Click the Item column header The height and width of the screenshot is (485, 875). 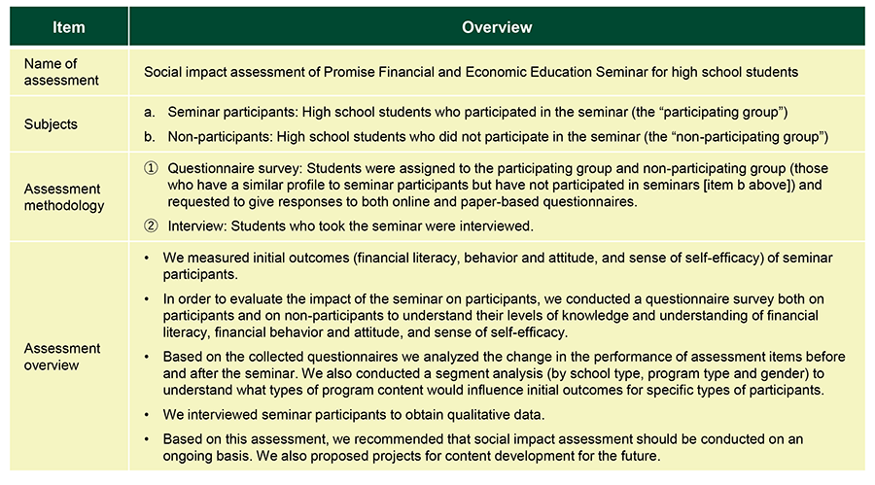tap(69, 26)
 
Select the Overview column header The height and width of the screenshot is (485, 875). tap(496, 26)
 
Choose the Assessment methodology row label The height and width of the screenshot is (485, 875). tap(63, 197)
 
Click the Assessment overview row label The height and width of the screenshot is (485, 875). tap(63, 356)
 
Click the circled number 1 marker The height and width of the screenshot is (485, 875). tap(150, 168)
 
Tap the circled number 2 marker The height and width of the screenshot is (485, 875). tap(150, 226)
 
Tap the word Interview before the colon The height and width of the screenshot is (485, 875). tap(195, 226)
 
